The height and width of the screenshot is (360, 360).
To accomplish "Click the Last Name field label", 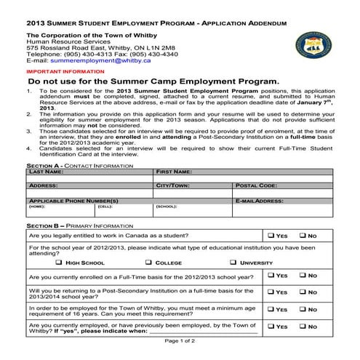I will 46,172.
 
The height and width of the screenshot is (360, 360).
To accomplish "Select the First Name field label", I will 174,172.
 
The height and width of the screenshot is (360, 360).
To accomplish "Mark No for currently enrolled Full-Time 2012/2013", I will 302,276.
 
